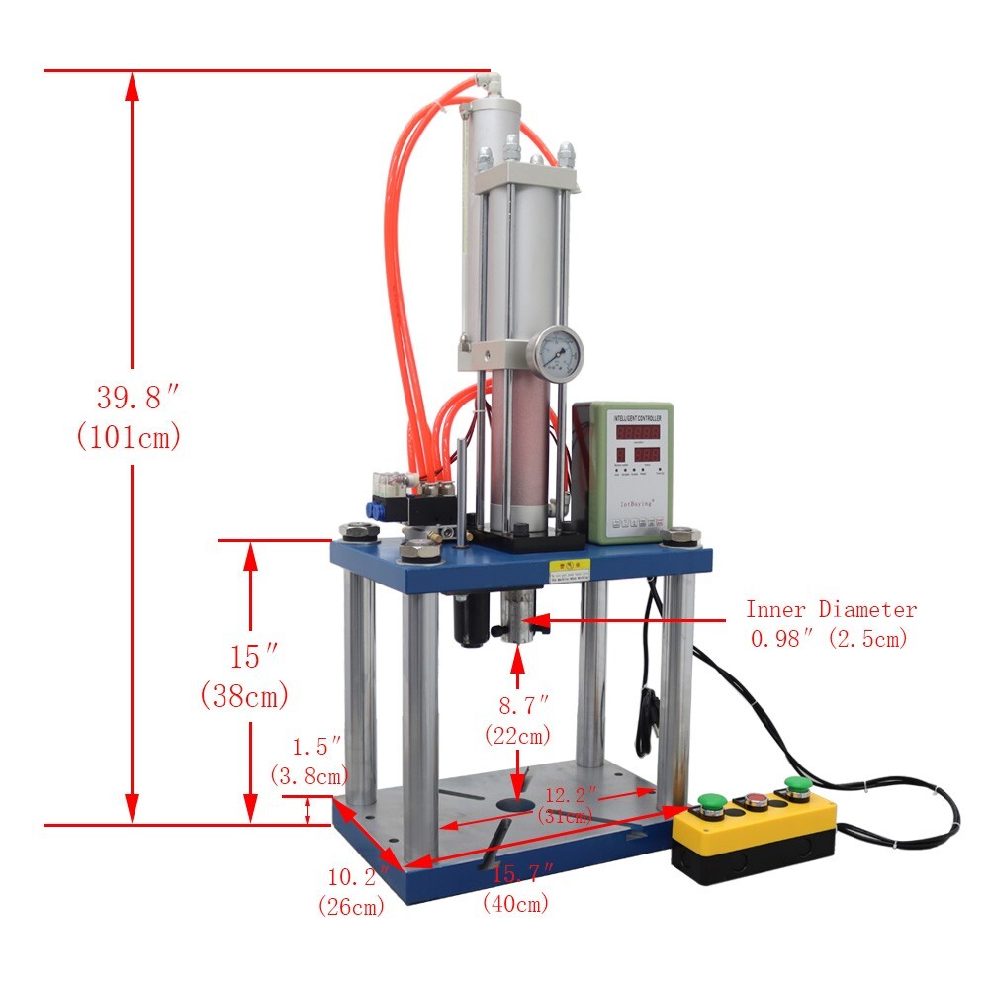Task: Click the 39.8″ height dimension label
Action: tap(136, 399)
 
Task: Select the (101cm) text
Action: tap(129, 437)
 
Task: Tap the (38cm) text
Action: tap(243, 696)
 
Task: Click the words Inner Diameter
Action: tap(830, 610)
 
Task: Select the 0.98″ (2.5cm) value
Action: tap(828, 639)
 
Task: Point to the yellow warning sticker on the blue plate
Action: tap(570, 569)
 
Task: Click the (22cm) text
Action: tap(517, 736)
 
